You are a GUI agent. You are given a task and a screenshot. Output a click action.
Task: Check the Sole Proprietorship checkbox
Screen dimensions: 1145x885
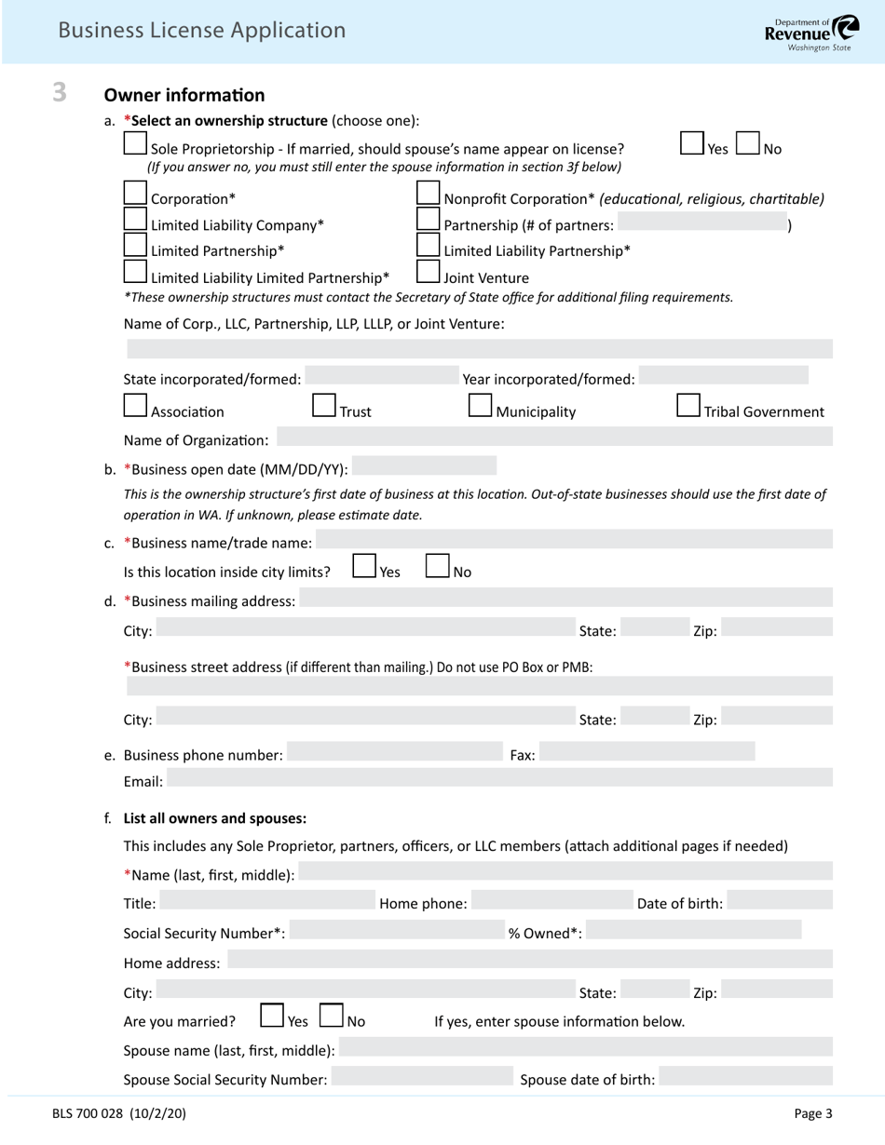point(135,143)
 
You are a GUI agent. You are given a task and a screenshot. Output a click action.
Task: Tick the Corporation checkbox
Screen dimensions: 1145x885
point(135,193)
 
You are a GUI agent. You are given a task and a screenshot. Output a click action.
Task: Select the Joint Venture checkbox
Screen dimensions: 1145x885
point(428,271)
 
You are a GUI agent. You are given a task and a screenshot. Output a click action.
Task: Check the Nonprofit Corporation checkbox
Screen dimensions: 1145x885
point(428,193)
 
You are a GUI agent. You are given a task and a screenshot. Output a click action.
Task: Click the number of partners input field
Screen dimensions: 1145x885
point(701,223)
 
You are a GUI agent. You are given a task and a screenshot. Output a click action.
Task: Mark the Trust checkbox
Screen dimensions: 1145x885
point(323,405)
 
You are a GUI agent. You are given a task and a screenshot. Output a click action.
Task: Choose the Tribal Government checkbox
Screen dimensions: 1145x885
point(688,405)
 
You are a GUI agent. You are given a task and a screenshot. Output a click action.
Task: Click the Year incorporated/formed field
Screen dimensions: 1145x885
point(724,376)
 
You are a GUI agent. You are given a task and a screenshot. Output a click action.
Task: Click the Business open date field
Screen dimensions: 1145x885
point(424,466)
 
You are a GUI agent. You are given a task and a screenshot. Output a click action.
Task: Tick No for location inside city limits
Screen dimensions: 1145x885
point(438,566)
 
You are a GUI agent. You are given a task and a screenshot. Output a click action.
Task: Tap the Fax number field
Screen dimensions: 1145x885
point(647,752)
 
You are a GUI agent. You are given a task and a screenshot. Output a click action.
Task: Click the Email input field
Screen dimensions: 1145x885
point(499,779)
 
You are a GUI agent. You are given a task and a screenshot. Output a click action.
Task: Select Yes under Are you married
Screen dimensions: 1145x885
point(272,1015)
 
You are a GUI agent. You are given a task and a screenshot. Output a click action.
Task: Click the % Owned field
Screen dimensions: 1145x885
point(693,930)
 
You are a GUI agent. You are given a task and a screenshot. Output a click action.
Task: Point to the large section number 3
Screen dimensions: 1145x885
point(60,92)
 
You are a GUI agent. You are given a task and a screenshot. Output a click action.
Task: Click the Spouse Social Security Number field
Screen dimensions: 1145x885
point(421,1077)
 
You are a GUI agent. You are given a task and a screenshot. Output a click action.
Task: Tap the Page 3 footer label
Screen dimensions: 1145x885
point(812,1112)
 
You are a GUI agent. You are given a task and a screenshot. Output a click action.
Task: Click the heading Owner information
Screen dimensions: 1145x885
point(184,95)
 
